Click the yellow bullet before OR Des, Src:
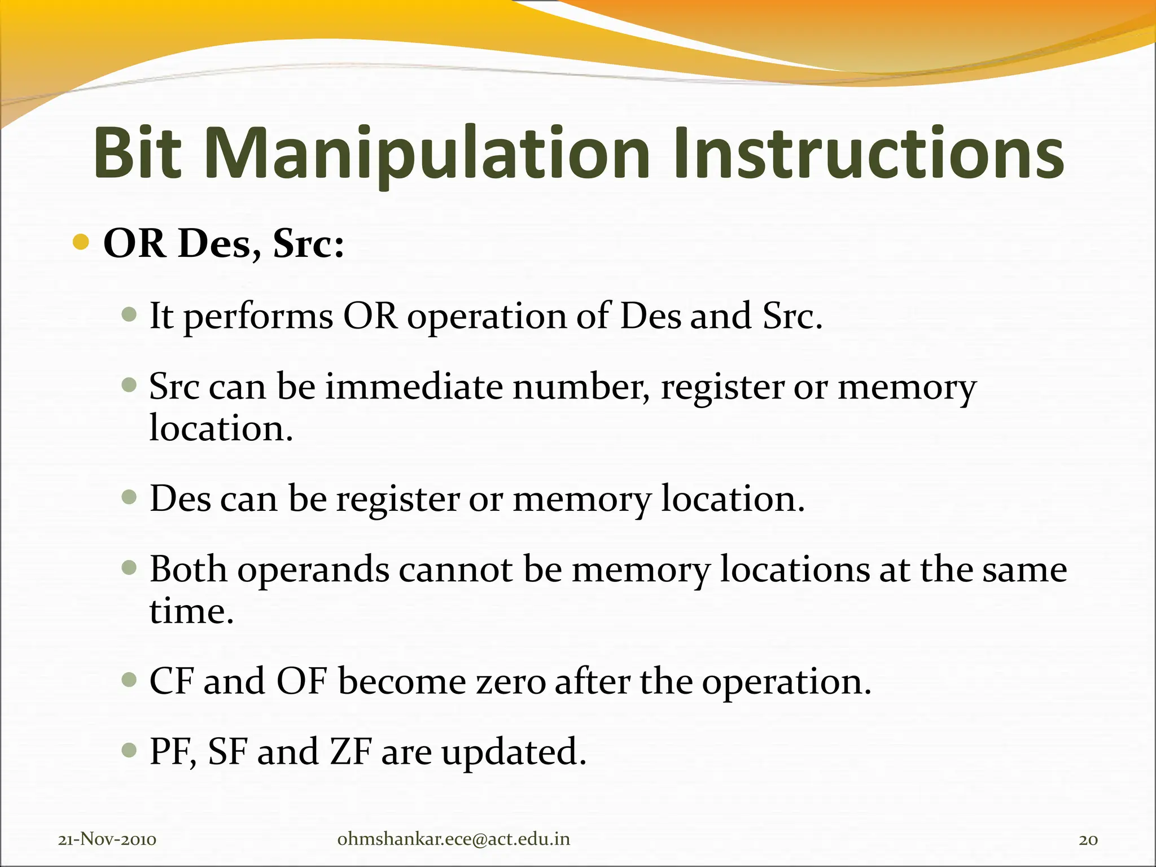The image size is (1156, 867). pos(81,243)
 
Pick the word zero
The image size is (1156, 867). pos(510,682)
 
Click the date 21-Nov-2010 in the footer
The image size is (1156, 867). pos(107,840)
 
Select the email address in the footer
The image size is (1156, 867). pos(453,839)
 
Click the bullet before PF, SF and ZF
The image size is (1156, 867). pos(129,751)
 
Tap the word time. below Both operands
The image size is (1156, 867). pos(191,611)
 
